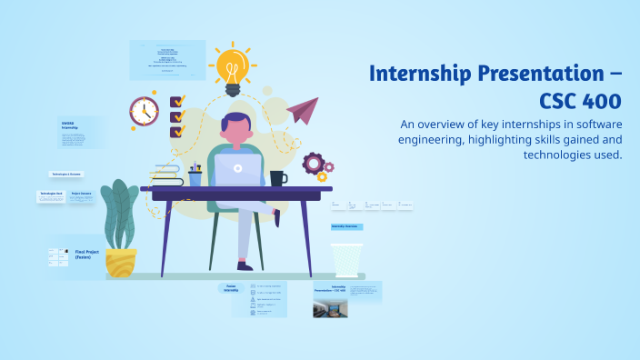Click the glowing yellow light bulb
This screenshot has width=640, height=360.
coord(232,68)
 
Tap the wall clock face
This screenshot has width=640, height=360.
coord(144,111)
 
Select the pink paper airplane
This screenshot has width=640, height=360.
coord(302,110)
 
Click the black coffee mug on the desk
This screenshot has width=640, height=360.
coord(277,178)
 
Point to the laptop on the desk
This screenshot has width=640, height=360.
coord(238,169)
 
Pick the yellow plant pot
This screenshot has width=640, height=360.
coord(120,262)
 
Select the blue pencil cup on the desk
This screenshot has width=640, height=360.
coord(195,178)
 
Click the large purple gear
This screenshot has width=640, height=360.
coord(314,163)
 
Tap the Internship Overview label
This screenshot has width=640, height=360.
coord(346,225)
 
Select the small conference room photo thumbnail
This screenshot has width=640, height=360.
coord(330,308)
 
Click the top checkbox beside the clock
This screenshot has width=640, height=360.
coord(177,101)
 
